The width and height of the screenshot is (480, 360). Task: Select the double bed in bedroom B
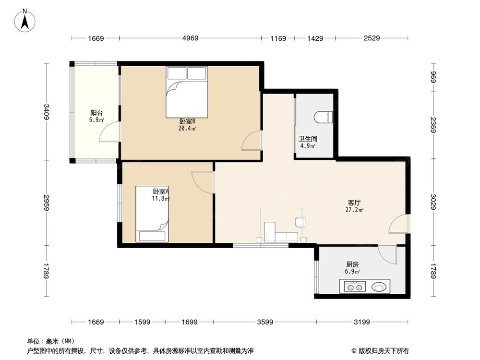(187, 92)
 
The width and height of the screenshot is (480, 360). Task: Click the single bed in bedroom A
(153, 214)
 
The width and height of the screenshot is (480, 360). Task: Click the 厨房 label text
(352, 264)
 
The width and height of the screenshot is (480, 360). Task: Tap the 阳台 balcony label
(96, 113)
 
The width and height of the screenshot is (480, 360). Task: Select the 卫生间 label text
(308, 139)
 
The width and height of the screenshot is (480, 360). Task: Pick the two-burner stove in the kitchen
(354, 288)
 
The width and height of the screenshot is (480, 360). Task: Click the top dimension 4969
(191, 38)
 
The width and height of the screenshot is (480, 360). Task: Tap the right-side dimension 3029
(433, 202)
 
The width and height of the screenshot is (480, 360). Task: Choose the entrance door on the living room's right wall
(399, 224)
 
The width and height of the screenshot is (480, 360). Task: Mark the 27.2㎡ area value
(354, 210)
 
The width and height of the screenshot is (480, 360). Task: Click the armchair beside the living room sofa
(300, 221)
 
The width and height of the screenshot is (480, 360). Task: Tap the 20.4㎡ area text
(187, 128)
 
